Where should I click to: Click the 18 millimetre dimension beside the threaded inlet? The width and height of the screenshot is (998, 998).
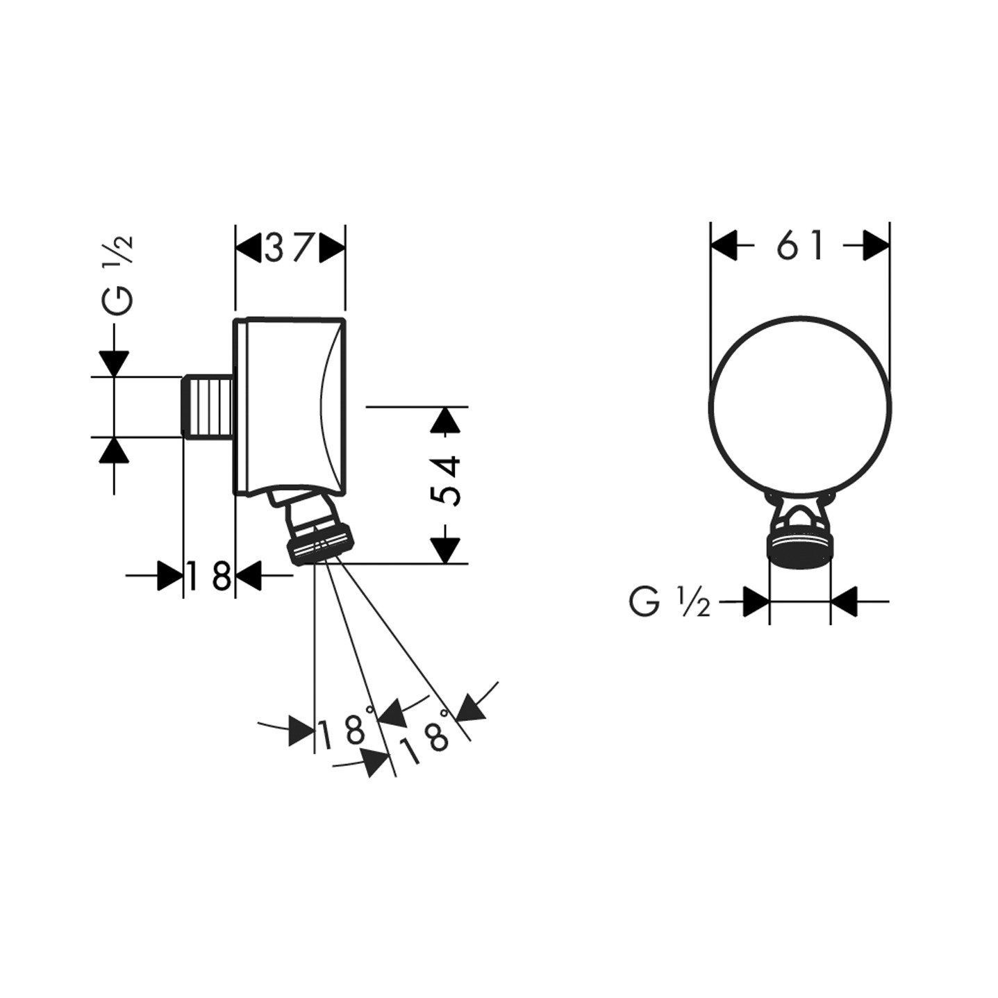point(209,576)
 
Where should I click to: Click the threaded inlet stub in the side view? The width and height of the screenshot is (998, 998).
point(208,407)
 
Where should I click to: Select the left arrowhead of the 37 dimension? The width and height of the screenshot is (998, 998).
point(247,247)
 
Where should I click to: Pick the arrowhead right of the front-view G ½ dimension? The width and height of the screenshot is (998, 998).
point(844,601)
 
